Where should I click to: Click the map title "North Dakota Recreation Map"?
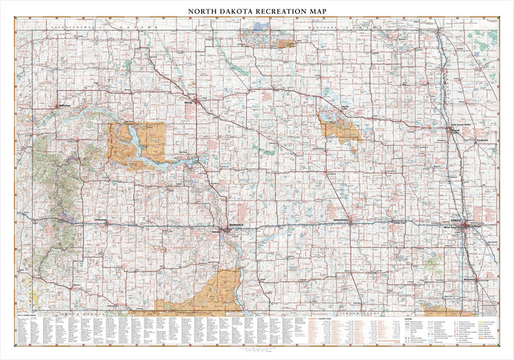tap(257, 11)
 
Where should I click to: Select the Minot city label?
tap(189, 102)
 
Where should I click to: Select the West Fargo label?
tap(453, 227)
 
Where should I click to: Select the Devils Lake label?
tap(345, 109)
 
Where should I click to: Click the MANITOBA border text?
tap(322, 27)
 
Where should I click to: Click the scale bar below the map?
tap(257, 347)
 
